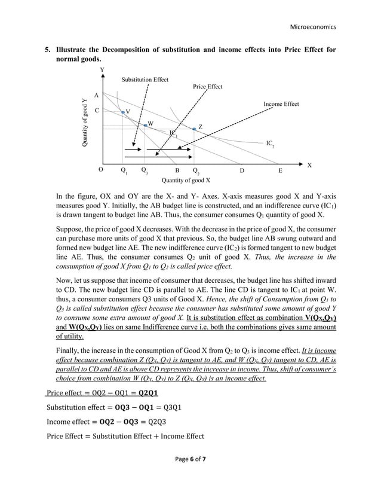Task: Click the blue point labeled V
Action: [123, 112]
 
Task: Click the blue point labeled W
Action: [146, 125]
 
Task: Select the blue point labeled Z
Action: [194, 129]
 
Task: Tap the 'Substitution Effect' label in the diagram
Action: [145, 80]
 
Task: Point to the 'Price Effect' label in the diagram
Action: [207, 87]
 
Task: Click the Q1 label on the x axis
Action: [124, 171]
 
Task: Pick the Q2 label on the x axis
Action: [196, 171]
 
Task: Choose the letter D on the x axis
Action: [242, 170]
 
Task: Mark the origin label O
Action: [101, 170]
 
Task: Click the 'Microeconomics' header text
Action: [313, 27]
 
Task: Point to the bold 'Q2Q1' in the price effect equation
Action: [148, 393]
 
